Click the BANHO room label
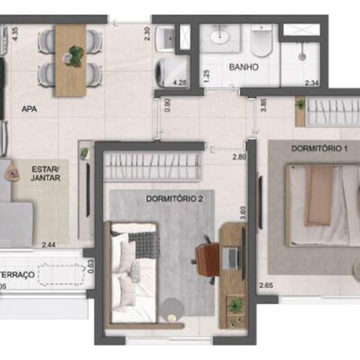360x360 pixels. [243, 67]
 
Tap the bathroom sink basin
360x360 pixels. [220, 38]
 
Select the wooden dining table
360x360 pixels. [71, 60]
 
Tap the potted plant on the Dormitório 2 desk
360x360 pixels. [236, 306]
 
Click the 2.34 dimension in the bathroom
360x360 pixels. [312, 84]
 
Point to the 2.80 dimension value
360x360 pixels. [238, 157]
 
